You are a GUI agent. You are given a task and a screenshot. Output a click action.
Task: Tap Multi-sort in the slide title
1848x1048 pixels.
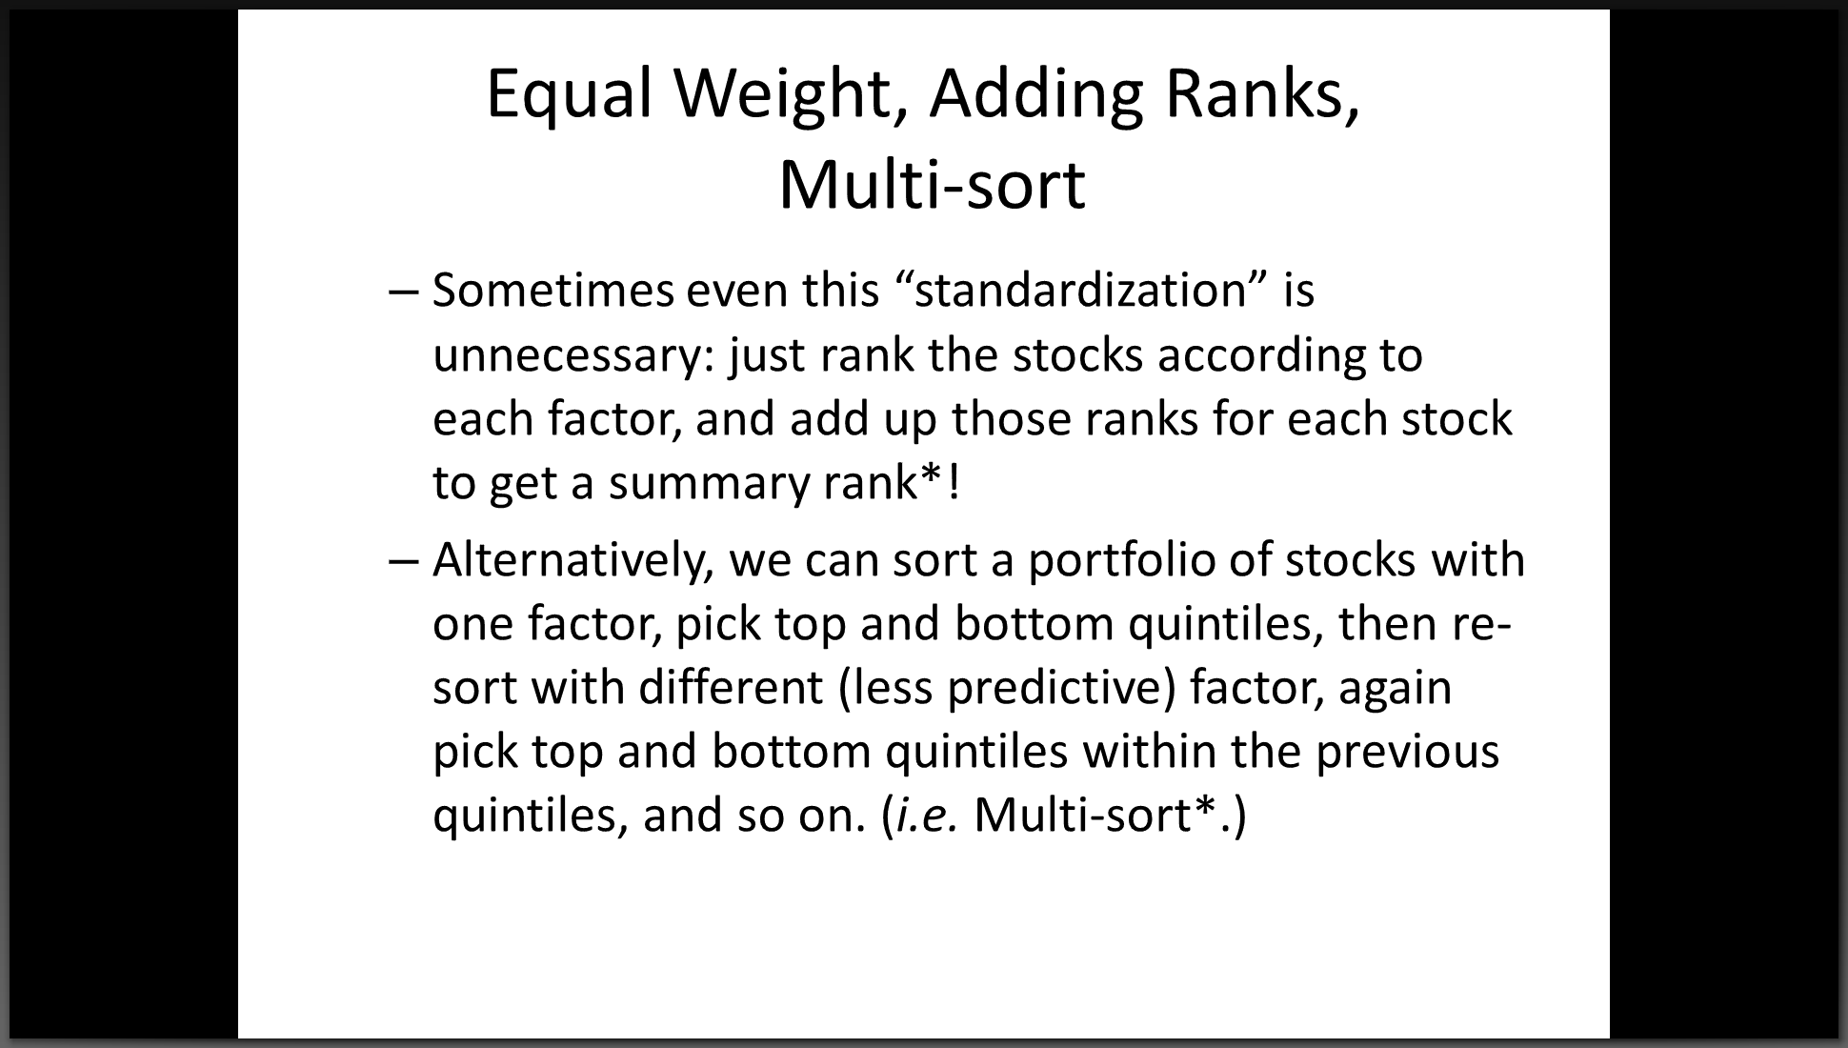[932, 185]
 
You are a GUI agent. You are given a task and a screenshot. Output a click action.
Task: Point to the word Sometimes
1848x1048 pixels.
[553, 290]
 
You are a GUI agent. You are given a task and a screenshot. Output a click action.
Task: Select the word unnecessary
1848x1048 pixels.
[574, 355]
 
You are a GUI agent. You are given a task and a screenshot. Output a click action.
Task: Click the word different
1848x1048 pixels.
[731, 687]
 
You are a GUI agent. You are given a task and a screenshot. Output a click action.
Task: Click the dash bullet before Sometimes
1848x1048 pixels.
[404, 292]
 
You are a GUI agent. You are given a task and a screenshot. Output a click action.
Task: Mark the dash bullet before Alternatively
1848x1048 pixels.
[404, 561]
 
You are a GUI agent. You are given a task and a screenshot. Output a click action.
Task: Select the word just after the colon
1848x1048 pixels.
[768, 355]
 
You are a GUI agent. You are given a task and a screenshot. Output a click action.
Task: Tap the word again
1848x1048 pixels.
[1395, 687]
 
